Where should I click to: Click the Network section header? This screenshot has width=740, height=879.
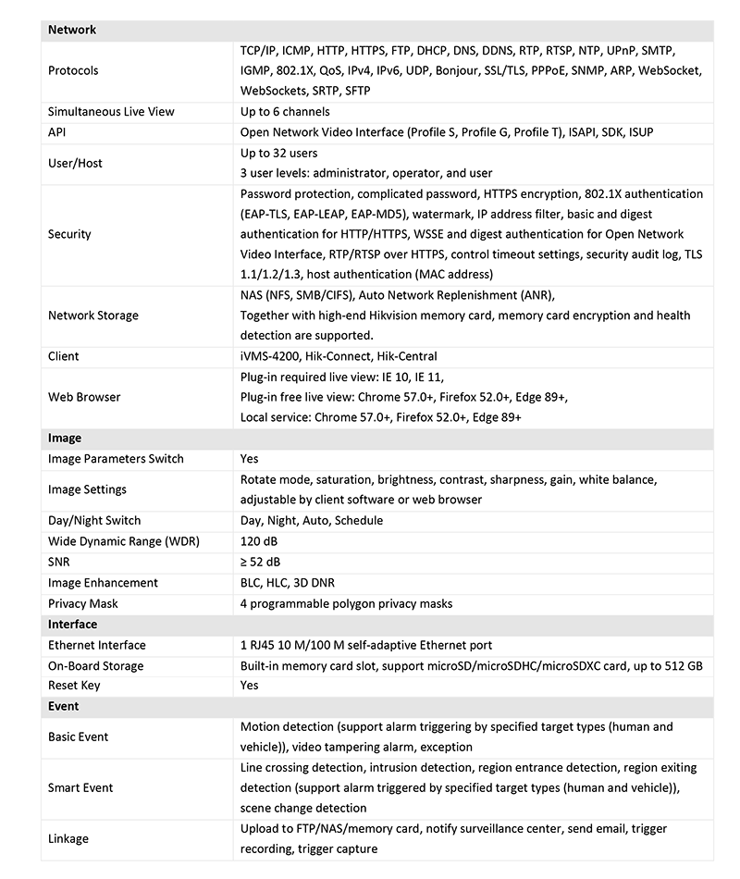(72, 30)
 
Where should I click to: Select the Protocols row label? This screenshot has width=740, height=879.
(73, 70)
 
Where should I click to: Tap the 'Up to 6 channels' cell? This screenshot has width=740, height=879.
(285, 112)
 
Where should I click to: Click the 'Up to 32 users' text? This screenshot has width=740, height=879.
(278, 153)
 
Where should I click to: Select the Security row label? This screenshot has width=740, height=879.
(69, 234)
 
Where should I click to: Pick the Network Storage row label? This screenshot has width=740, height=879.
(92, 316)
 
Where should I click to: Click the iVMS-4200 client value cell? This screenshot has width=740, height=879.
(339, 356)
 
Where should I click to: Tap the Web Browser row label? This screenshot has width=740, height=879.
(84, 397)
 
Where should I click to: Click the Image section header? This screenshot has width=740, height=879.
(65, 438)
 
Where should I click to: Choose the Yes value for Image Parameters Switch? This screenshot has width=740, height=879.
(249, 459)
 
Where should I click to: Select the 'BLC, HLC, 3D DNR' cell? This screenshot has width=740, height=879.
(288, 583)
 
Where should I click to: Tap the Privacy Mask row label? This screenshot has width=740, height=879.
(83, 603)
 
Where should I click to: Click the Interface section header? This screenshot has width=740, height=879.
(72, 625)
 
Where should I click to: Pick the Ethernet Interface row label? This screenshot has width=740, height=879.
(97, 645)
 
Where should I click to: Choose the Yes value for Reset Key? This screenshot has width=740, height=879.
(249, 686)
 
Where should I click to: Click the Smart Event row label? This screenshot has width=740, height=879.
(80, 787)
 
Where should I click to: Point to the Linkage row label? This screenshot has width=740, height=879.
(68, 838)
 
